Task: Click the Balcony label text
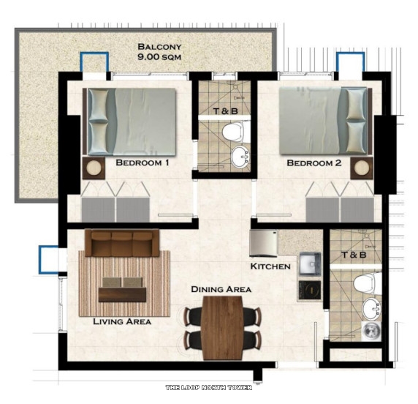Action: point(159,46)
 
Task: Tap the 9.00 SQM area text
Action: point(159,56)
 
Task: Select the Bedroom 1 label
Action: point(142,163)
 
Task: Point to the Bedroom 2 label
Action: point(313,163)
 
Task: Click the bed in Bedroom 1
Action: point(132,120)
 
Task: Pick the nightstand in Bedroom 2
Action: point(362,168)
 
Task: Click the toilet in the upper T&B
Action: point(232,132)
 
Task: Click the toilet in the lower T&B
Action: point(362,283)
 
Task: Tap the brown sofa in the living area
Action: point(122,243)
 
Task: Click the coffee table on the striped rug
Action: point(123,290)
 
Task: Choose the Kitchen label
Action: point(270,266)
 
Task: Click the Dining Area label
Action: point(221,289)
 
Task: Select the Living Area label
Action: point(122,321)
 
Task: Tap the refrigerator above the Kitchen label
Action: point(263,242)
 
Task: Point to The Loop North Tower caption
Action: point(208,387)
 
